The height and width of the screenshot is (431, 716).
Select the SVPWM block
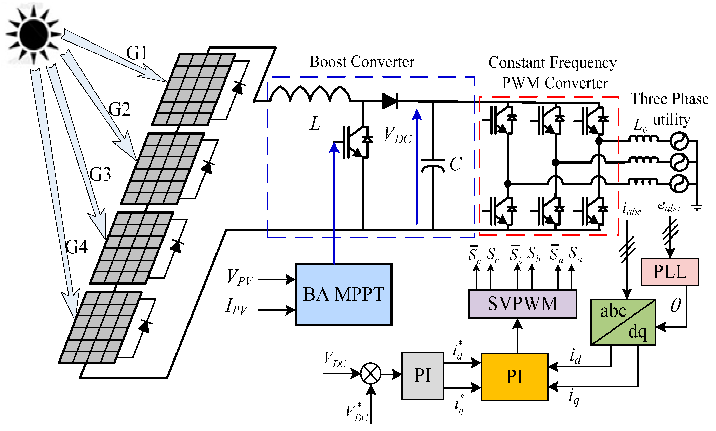point(523,304)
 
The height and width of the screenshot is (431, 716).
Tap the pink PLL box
point(670,272)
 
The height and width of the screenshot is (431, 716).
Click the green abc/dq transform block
point(623,322)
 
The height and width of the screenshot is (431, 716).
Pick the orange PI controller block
point(515,377)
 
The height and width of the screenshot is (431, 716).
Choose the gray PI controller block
point(423,376)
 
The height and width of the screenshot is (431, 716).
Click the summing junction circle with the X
point(371,373)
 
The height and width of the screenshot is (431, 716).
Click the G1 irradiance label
point(137,53)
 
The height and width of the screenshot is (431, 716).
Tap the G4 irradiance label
point(76,247)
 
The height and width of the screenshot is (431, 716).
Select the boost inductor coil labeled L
point(310,94)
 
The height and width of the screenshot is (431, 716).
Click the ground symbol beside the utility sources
point(697,208)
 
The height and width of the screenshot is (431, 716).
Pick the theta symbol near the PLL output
point(676,305)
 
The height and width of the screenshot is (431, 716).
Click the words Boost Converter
point(362,62)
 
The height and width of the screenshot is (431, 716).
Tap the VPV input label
point(240,278)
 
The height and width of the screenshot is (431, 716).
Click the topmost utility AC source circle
point(679,141)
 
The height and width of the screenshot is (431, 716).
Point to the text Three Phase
point(669,99)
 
